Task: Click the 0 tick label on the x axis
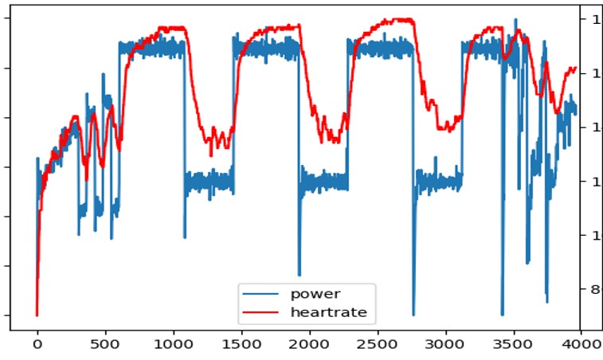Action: [37, 345]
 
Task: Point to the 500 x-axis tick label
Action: [105, 345]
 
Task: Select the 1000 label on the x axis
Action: [173, 345]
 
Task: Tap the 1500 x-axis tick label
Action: [241, 345]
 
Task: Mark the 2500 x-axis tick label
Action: [377, 345]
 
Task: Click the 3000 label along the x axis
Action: [444, 345]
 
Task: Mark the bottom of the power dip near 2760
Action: [413, 315]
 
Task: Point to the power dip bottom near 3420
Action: [502, 315]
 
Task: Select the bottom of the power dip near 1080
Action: [184, 237]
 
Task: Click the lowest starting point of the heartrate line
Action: [37, 315]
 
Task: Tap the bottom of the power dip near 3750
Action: [546, 302]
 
